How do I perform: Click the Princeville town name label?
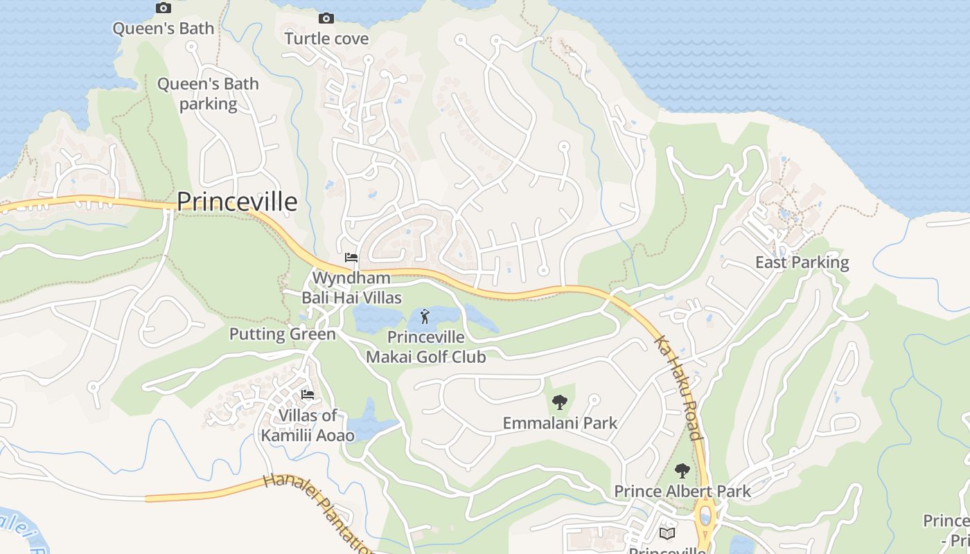tap(237, 202)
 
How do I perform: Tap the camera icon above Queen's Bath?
tap(164, 8)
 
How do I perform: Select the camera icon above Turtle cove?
tap(326, 19)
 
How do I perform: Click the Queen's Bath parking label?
tap(208, 94)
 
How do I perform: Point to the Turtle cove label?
tap(326, 38)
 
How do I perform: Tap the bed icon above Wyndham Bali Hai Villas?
tap(351, 258)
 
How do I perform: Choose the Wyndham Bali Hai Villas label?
tap(351, 288)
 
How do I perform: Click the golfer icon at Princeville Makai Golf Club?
tap(425, 318)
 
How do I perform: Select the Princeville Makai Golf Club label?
tap(425, 347)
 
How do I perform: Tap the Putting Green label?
tap(283, 334)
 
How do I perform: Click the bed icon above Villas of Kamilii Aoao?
tap(308, 395)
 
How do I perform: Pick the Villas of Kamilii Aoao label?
tap(308, 425)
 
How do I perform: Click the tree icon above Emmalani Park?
tap(559, 402)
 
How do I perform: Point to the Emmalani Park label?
tap(560, 422)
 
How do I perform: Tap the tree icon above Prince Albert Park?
tap(682, 471)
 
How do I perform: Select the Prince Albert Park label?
tap(682, 492)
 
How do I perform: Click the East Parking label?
tap(802, 262)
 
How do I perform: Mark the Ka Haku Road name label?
tap(679, 388)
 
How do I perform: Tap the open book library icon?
tap(667, 533)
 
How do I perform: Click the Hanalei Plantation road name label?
tap(319, 512)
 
